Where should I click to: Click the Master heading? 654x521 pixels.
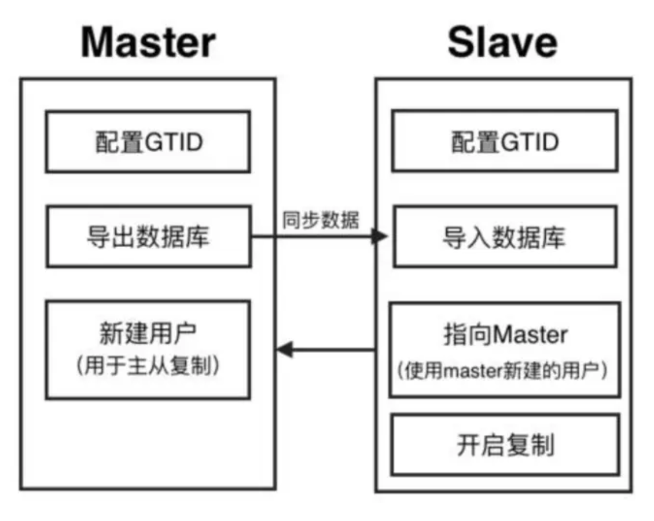148,42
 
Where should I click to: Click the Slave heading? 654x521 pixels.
502,42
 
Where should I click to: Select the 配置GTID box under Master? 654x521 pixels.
148,142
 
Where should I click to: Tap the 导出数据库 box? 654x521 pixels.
149,236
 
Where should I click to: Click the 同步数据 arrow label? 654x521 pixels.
320,221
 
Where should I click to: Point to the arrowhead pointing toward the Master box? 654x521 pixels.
284,349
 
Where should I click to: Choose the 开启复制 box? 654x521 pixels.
505,445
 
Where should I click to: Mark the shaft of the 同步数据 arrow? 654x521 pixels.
313,236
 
